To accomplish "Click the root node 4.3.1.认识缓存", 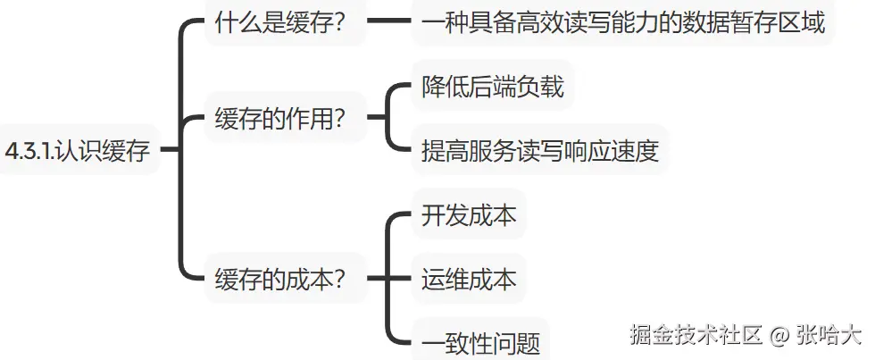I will (x=78, y=150).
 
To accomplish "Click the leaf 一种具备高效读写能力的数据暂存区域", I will (x=622, y=23).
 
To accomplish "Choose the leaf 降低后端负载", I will (x=492, y=88).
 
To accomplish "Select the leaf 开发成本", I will (x=468, y=214).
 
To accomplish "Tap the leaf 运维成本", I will (x=468, y=279).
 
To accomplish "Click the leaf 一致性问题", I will (x=480, y=342).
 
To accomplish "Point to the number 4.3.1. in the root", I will (x=29, y=150).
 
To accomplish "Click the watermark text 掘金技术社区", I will (x=696, y=336).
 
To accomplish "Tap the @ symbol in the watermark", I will (x=779, y=336).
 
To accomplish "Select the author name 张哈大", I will (x=829, y=336).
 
